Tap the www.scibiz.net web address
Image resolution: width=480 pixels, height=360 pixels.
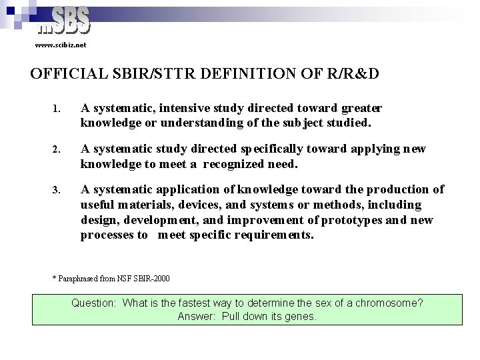tap(61, 45)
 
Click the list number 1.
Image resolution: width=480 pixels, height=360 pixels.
tap(57, 108)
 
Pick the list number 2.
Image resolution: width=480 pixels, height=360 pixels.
tap(57, 149)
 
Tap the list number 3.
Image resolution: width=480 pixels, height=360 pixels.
tap(57, 190)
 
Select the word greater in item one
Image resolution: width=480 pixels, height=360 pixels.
tap(361, 108)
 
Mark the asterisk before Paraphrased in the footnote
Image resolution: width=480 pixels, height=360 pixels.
tap(54, 277)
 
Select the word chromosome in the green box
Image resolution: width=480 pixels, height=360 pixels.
tap(389, 303)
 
